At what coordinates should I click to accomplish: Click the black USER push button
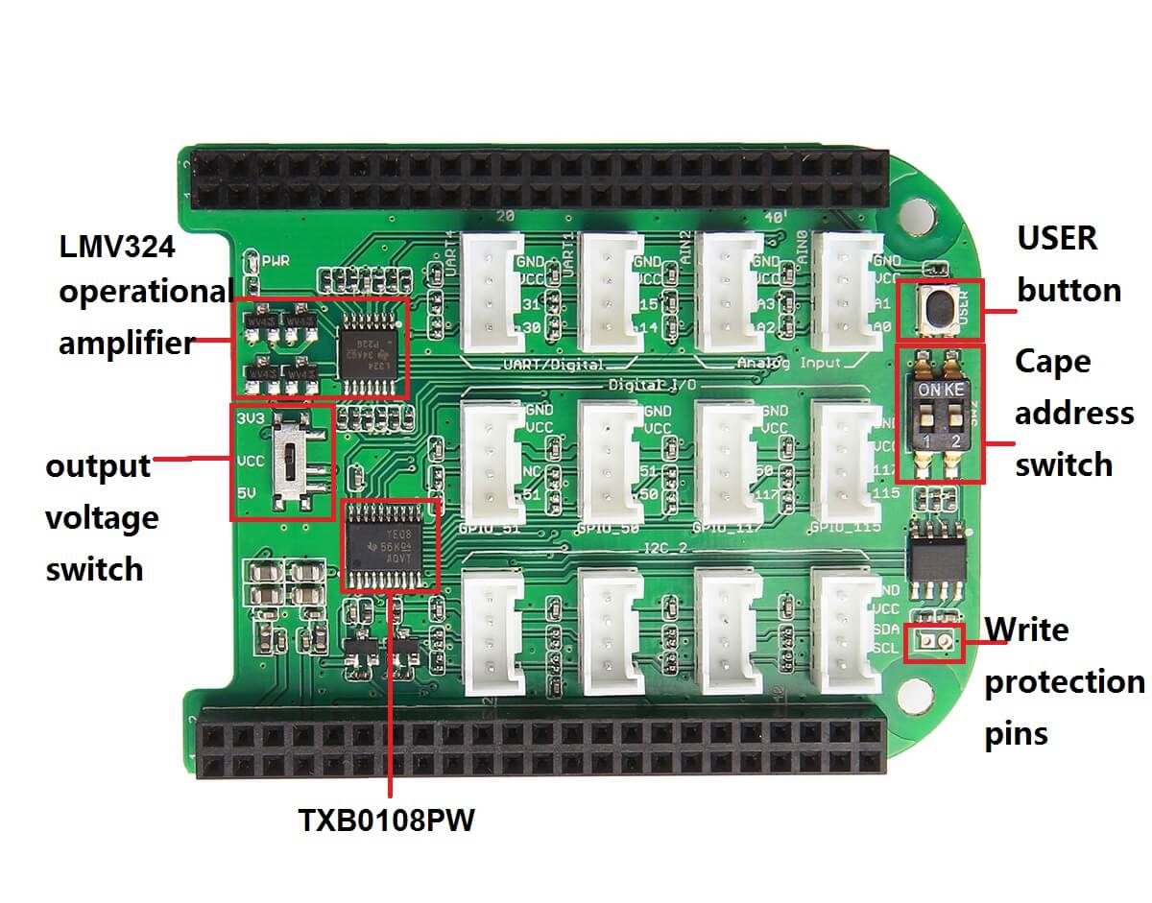click(938, 308)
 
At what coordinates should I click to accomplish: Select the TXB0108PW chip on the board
click(390, 544)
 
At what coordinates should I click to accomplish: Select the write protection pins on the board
click(934, 642)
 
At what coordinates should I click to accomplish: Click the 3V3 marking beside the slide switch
click(250, 418)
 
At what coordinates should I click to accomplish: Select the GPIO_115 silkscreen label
click(845, 527)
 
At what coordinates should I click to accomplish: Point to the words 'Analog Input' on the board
click(789, 363)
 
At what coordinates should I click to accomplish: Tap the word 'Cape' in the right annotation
click(1053, 362)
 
